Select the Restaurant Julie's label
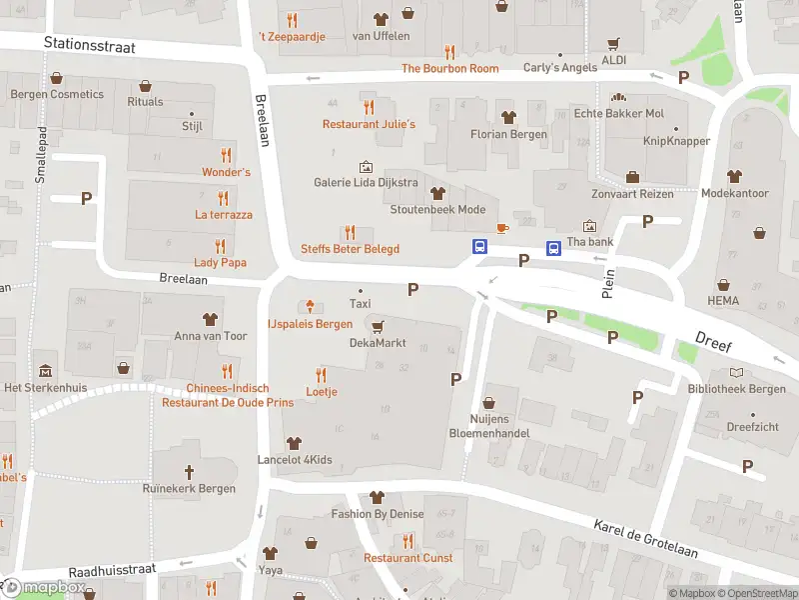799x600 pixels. tap(368, 124)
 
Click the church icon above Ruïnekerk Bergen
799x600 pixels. tap(190, 470)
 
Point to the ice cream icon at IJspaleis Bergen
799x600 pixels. tap(311, 306)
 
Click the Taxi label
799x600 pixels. tap(360, 304)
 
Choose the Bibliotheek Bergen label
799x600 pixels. tap(736, 389)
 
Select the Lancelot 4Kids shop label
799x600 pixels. tap(294, 461)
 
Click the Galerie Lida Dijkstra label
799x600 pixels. tap(366, 183)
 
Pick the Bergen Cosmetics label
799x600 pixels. tap(57, 94)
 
